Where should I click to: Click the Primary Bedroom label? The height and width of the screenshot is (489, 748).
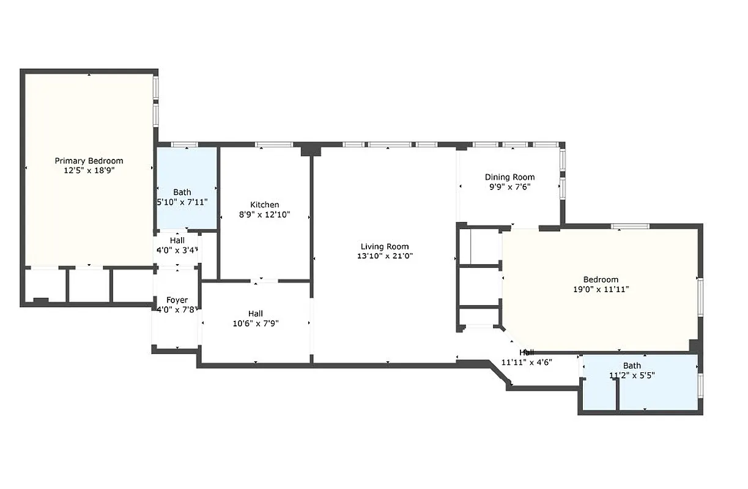pos(89,161)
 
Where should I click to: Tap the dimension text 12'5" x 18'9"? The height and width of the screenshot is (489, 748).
pos(89,171)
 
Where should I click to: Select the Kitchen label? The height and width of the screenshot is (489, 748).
pos(264,205)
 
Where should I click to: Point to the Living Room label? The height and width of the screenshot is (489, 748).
pos(385,246)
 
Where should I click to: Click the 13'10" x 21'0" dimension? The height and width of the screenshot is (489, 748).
pos(385,256)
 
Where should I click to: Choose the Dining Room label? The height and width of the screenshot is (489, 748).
pos(509,177)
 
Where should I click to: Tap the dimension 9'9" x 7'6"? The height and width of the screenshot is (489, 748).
pos(509,187)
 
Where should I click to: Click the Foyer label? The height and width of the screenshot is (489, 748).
pos(177,300)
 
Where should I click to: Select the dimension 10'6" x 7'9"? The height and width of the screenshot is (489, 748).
pos(256,323)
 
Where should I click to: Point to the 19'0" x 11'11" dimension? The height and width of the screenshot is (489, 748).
pos(600,289)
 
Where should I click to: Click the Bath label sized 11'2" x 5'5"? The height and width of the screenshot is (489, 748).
pos(632,366)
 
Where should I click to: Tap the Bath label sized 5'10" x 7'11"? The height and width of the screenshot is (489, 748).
pos(182,192)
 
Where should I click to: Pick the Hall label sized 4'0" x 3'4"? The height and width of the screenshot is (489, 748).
pos(177,240)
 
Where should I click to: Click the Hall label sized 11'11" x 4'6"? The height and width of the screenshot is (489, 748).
pos(527,353)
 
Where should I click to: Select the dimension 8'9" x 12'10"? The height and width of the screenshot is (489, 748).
pos(264,215)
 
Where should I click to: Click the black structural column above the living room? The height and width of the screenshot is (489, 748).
pos(311,150)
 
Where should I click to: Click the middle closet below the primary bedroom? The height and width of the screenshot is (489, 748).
pos(89,285)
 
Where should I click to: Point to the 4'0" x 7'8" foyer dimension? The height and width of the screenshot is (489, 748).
pos(177,310)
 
